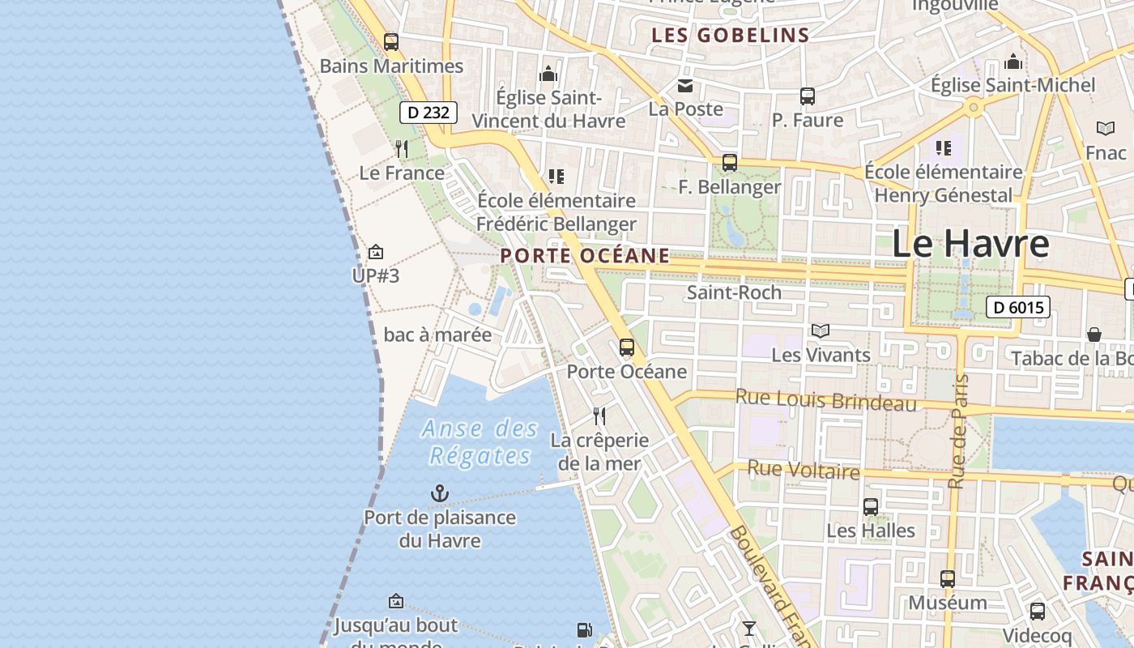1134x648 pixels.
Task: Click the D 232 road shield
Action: [428, 113]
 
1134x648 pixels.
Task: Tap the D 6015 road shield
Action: [1018, 307]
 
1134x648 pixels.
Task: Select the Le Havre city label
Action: [970, 244]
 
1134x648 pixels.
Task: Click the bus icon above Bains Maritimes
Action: [391, 42]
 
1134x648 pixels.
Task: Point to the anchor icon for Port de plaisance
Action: [439, 493]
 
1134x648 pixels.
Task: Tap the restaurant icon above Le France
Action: [402, 149]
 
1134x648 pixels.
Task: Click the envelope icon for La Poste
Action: [686, 86]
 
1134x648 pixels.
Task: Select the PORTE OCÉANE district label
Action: [585, 256]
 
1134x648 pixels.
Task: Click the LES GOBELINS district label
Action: [731, 35]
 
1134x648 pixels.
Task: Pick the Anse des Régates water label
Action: [480, 442]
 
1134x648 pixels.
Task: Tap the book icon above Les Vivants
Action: [821, 330]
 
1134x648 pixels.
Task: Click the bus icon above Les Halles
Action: [871, 507]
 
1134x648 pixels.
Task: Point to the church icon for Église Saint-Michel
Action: [1013, 62]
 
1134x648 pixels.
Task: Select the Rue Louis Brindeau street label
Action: [825, 400]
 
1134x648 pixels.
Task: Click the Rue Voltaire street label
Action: [803, 470]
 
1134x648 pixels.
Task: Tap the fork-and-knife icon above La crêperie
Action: [599, 416]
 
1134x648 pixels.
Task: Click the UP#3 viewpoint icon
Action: [375, 253]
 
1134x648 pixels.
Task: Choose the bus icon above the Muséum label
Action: [948, 579]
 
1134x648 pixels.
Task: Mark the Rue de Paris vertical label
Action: [958, 432]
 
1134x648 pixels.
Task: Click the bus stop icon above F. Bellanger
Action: [730, 163]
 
